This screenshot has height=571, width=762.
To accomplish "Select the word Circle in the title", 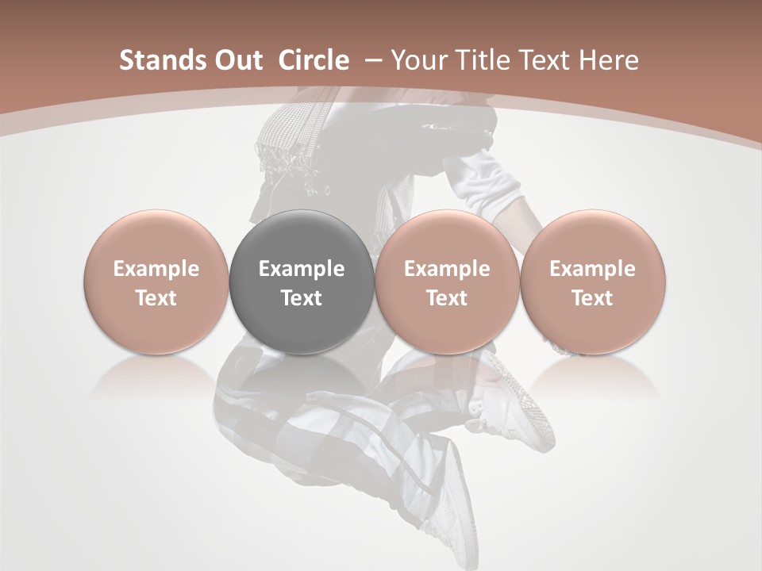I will (x=314, y=61).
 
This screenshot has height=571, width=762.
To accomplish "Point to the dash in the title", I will (x=373, y=61).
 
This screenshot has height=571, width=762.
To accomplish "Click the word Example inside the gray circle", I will (x=302, y=269).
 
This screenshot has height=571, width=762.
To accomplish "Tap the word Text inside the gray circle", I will (x=302, y=298).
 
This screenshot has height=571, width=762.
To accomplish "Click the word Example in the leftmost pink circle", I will (x=156, y=269).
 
